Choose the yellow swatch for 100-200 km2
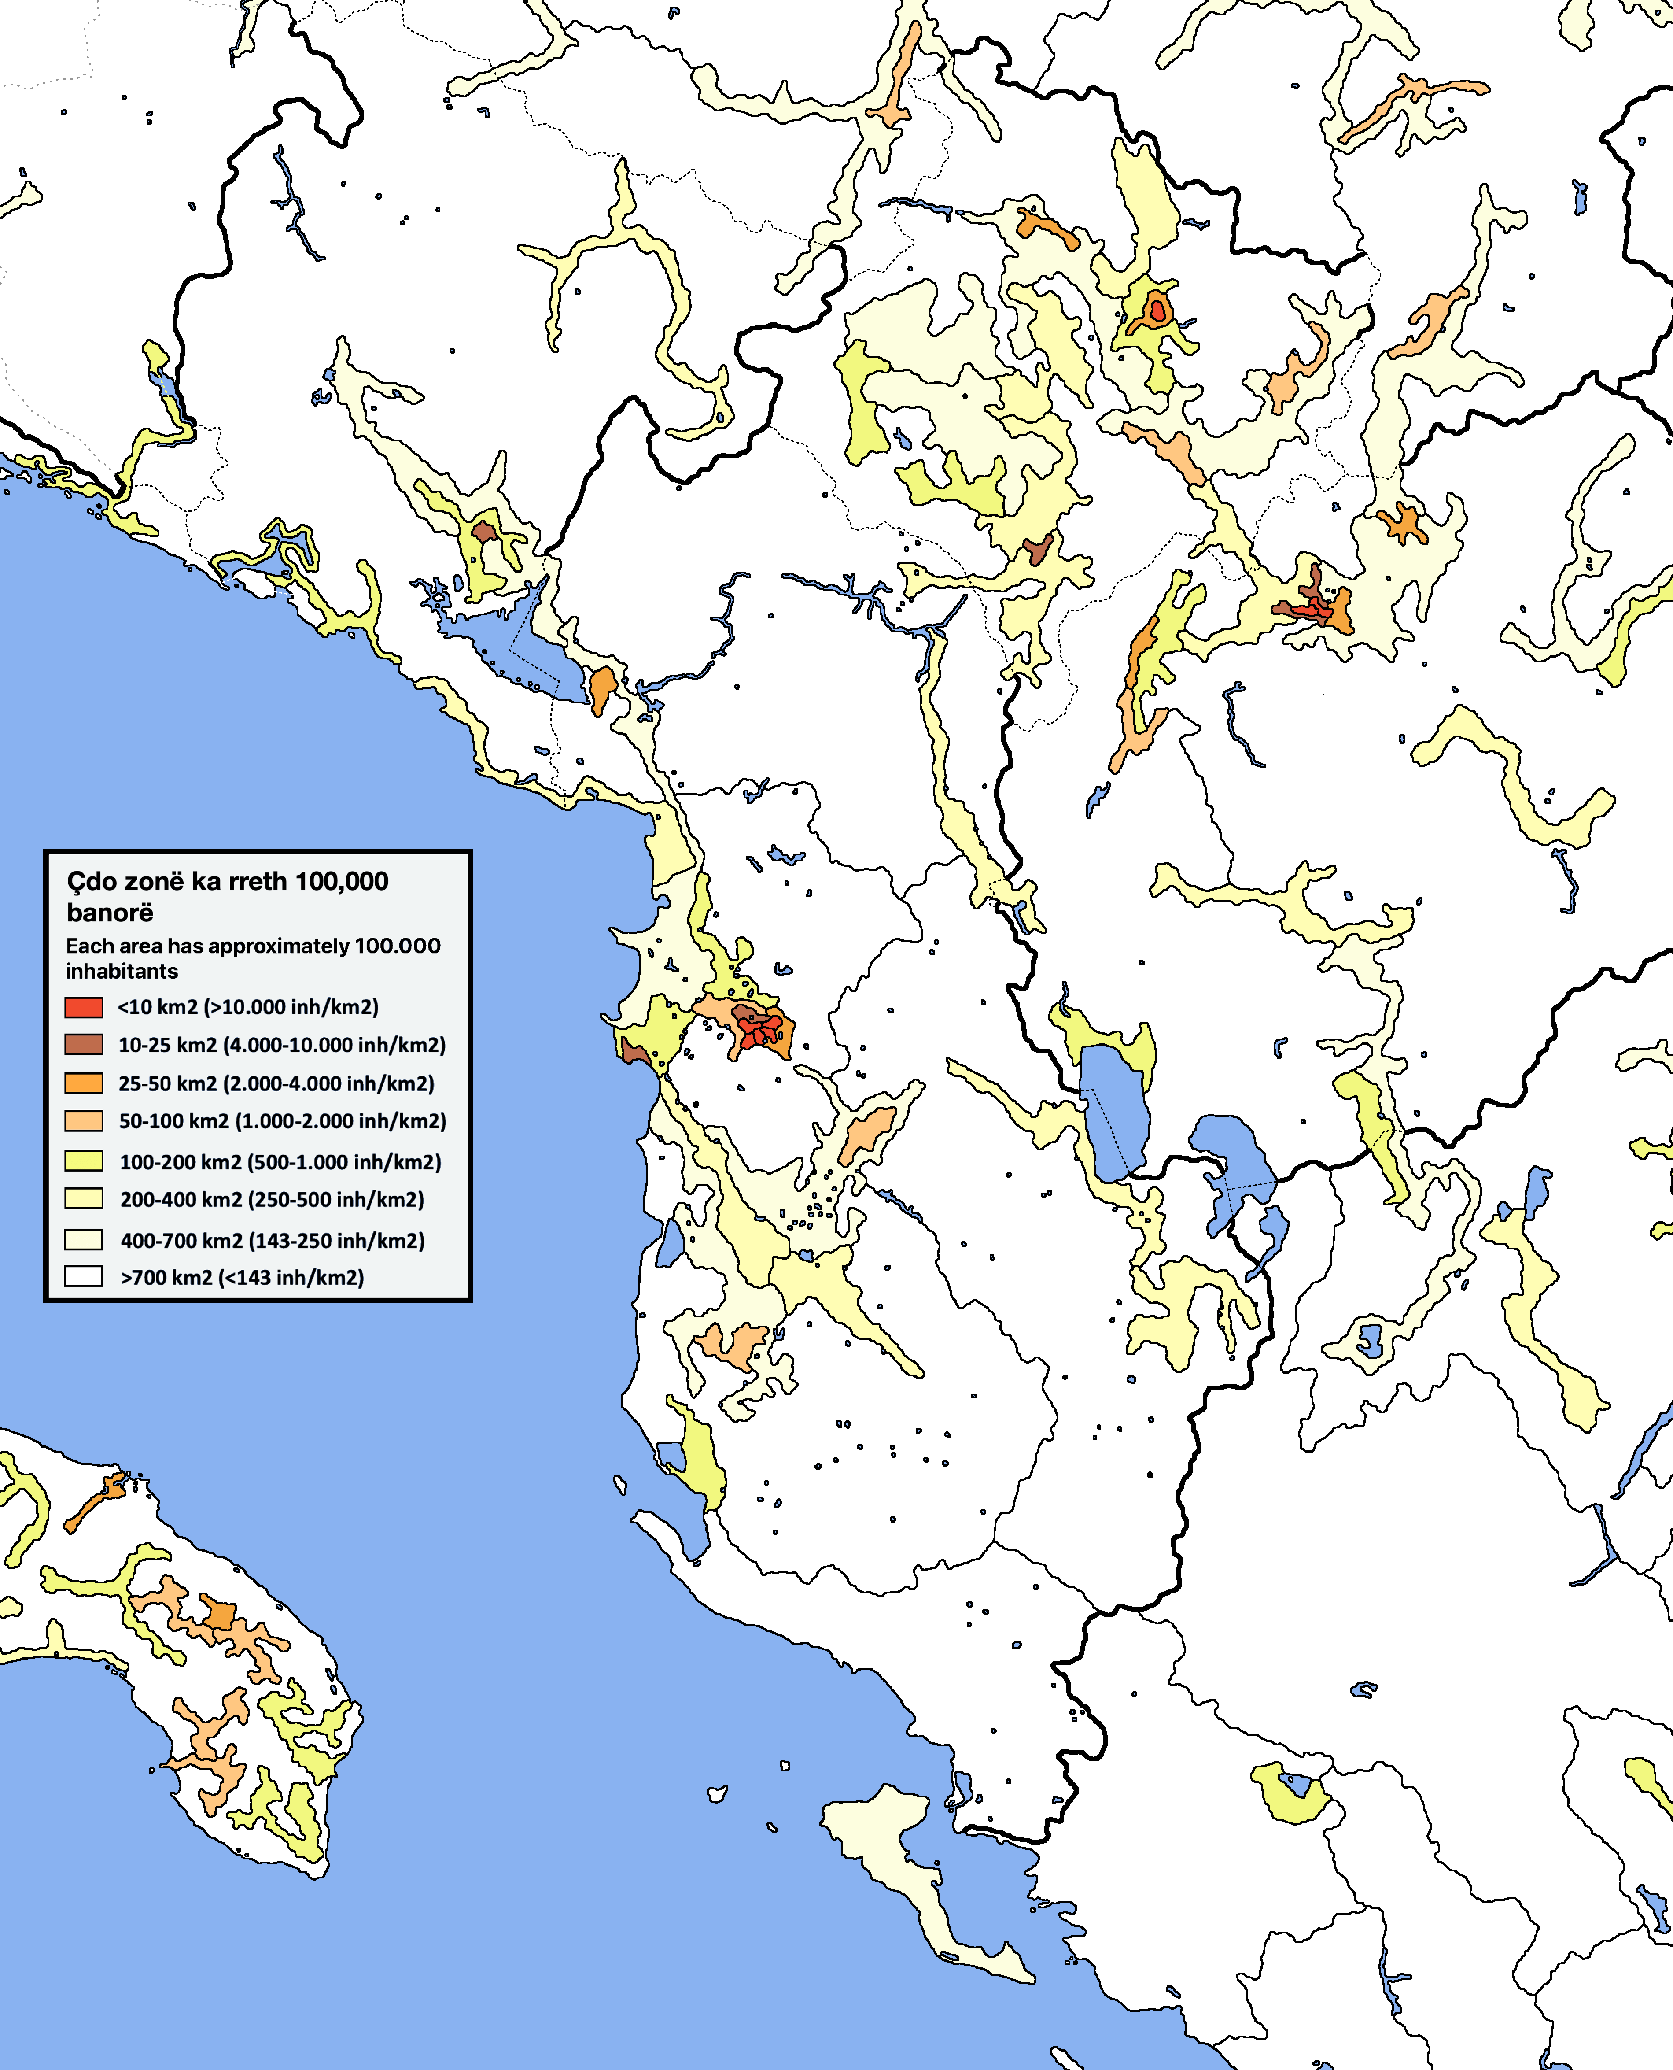coord(84,1161)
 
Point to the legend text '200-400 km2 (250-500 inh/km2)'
coord(272,1199)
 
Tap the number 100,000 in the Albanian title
coord(341,881)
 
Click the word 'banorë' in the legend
coord(110,912)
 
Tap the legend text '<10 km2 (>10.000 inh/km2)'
coord(248,1006)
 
